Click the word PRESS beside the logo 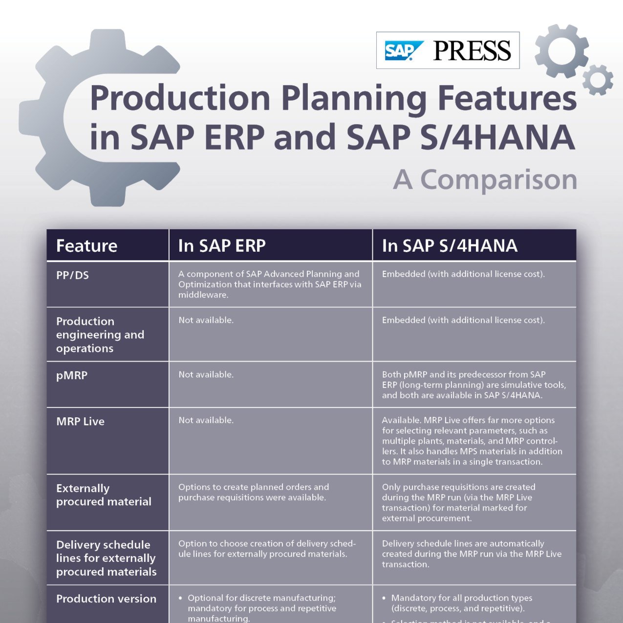click(472, 50)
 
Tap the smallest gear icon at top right click(598, 80)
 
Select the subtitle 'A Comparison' click(485, 180)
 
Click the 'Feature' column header click(86, 246)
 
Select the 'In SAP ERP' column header click(222, 246)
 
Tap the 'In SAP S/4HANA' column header click(450, 246)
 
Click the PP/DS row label click(72, 275)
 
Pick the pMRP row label click(72, 376)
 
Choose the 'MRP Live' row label click(80, 421)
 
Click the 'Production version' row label click(106, 599)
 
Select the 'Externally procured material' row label click(104, 494)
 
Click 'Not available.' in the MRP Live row click(206, 420)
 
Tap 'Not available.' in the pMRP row click(206, 375)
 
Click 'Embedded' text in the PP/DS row click(403, 274)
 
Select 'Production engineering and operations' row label click(100, 335)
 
